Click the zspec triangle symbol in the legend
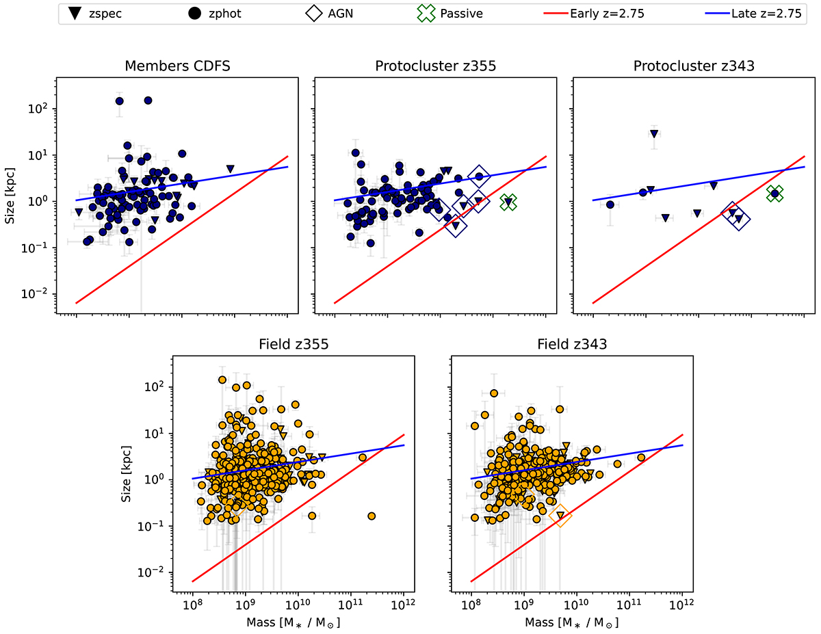[x=75, y=14]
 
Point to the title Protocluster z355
[x=435, y=66]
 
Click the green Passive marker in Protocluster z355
[x=508, y=202]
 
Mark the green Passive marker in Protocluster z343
[x=774, y=194]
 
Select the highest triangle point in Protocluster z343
[x=654, y=134]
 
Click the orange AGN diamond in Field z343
[x=560, y=516]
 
